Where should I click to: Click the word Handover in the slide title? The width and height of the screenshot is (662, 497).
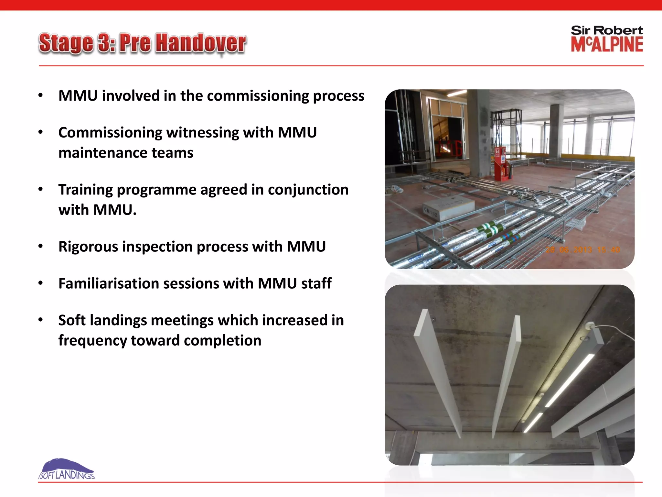point(200,43)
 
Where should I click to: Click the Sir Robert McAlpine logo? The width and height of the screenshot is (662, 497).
point(607,39)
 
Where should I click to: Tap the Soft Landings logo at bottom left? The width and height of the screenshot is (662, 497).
point(66,469)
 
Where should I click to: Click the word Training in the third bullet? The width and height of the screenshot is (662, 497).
point(85,190)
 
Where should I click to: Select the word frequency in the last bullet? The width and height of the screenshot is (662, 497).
point(92,341)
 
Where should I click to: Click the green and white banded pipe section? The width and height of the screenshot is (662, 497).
point(491,228)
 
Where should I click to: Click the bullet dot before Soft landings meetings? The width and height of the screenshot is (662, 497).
point(40,320)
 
